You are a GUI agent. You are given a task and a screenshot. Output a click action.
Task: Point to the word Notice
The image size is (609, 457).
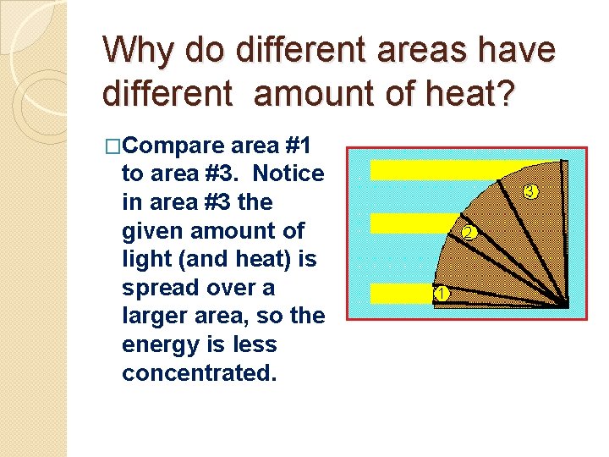click(288, 173)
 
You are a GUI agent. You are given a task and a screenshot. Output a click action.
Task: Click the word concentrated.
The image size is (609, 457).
click(199, 373)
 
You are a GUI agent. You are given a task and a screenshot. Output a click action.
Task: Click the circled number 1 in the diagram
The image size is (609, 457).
click(441, 294)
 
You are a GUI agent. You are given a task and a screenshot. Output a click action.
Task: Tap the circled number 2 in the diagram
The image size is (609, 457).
click(468, 233)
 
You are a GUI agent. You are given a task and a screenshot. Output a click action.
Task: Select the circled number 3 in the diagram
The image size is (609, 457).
click(529, 191)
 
